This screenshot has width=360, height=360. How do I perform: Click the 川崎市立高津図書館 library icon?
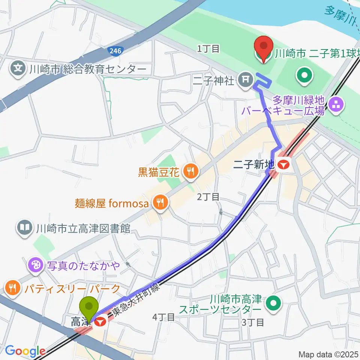click(24, 228)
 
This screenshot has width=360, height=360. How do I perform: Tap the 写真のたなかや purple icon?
click(36, 265)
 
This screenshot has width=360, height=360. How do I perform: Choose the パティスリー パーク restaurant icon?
click(13, 288)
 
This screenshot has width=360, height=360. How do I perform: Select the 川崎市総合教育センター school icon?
click(17, 69)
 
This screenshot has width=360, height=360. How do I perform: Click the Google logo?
click(25, 351)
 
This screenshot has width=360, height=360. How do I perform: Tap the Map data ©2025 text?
click(328, 354)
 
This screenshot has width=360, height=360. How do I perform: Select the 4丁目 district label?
click(163, 317)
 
